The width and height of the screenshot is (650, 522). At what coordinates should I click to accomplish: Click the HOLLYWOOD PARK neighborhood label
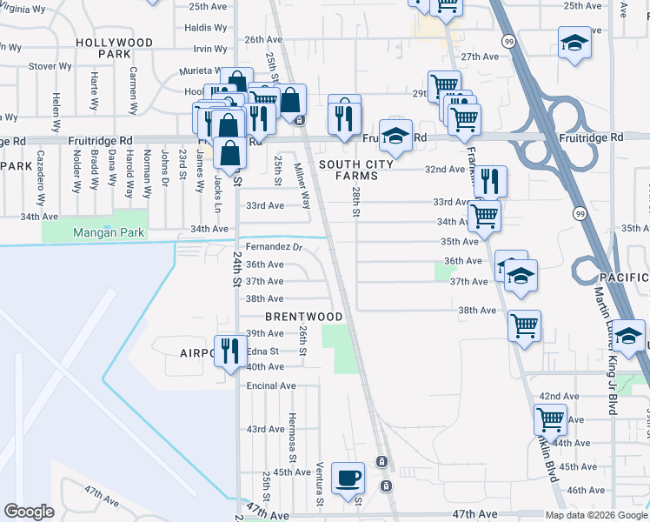114,47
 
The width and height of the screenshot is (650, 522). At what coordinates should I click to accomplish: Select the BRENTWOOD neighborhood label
304,316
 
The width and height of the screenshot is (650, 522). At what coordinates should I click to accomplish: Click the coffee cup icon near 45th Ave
348,478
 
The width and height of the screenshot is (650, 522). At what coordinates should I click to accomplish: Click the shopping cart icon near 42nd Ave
551,420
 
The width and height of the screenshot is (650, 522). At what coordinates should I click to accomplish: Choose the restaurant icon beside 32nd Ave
491,181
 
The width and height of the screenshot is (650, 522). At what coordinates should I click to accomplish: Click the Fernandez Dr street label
274,247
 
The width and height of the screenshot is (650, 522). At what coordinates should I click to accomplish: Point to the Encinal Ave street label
272,385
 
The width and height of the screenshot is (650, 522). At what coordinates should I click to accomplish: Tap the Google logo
29,512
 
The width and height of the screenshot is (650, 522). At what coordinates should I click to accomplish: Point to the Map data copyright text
595,515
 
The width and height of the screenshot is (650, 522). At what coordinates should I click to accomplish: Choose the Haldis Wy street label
206,28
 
